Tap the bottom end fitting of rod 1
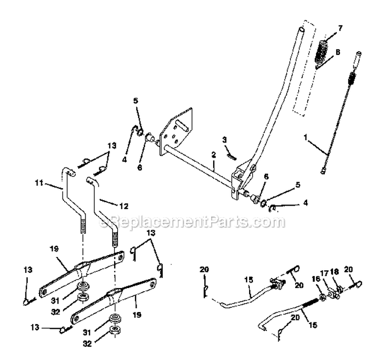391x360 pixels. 325,171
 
